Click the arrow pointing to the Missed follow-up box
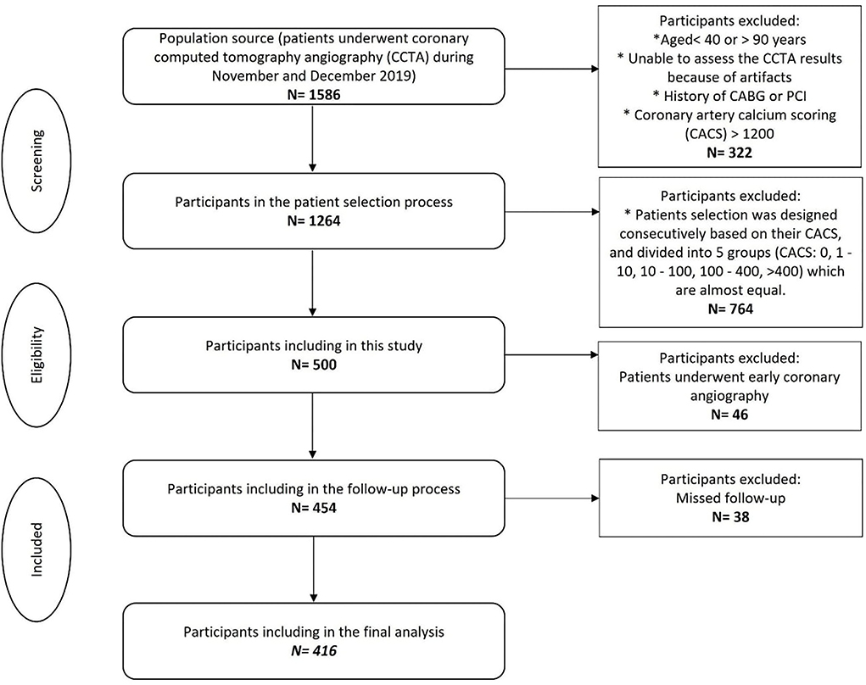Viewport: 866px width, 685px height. [551, 497]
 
